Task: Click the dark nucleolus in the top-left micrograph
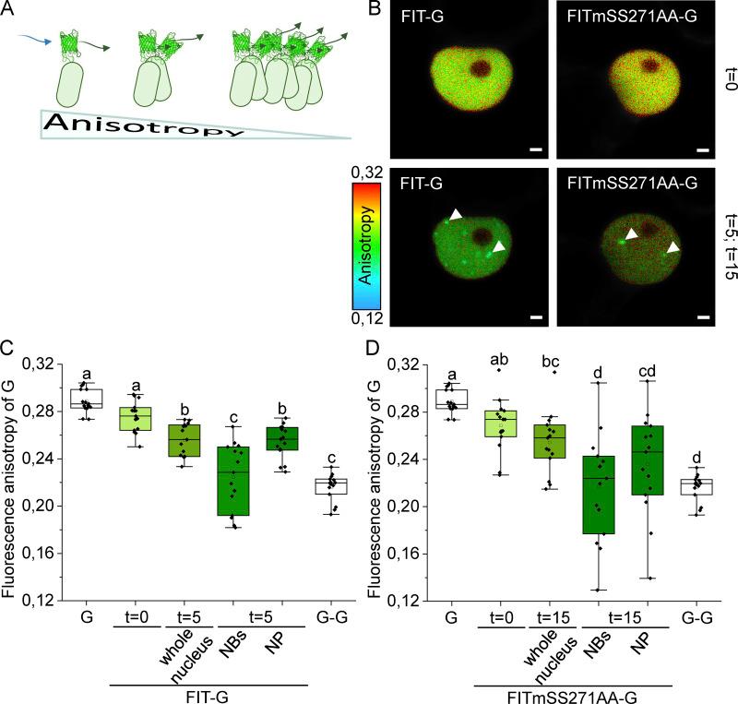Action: [x=481, y=71]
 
